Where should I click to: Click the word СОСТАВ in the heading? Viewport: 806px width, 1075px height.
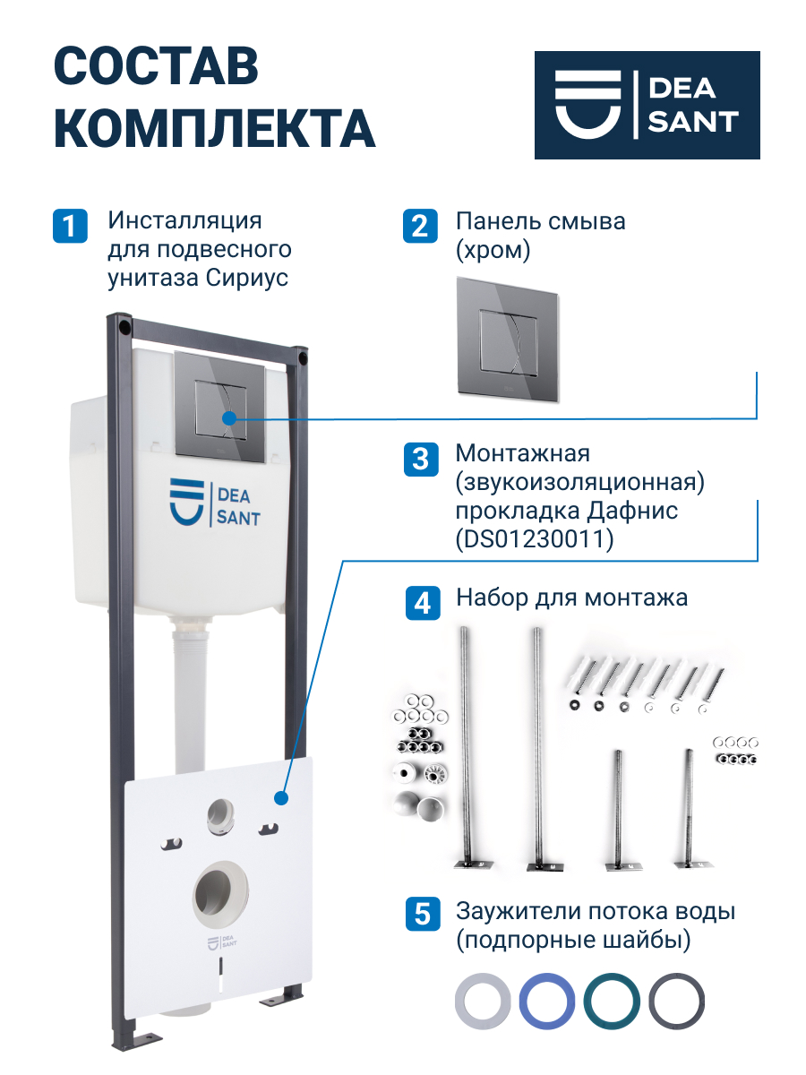pyautogui.click(x=156, y=66)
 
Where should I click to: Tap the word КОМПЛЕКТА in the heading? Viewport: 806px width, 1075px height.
pyautogui.click(x=214, y=128)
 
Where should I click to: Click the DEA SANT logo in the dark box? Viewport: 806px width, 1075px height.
pyautogui.click(x=647, y=105)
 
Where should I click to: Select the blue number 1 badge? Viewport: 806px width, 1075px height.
pyautogui.click(x=70, y=226)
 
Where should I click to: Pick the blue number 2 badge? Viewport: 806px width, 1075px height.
pyautogui.click(x=420, y=226)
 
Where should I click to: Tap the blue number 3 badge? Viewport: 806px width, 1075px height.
pyautogui.click(x=420, y=460)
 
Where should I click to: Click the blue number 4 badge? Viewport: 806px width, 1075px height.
pyautogui.click(x=423, y=603)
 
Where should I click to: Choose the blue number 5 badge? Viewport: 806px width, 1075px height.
pyautogui.click(x=423, y=914)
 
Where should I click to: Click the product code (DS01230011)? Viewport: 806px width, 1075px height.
pyautogui.click(x=535, y=539)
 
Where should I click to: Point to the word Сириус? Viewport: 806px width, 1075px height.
pyautogui.click(x=246, y=279)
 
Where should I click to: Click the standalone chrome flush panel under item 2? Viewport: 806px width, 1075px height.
pyautogui.click(x=508, y=338)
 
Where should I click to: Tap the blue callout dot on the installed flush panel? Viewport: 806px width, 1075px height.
pyautogui.click(x=229, y=418)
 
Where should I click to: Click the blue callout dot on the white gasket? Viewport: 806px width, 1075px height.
pyautogui.click(x=281, y=799)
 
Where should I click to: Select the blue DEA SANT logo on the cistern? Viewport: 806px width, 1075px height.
pyautogui.click(x=215, y=503)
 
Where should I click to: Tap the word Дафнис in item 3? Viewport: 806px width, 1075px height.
pyautogui.click(x=632, y=511)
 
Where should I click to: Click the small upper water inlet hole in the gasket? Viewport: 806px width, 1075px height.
pyautogui.click(x=220, y=816)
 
